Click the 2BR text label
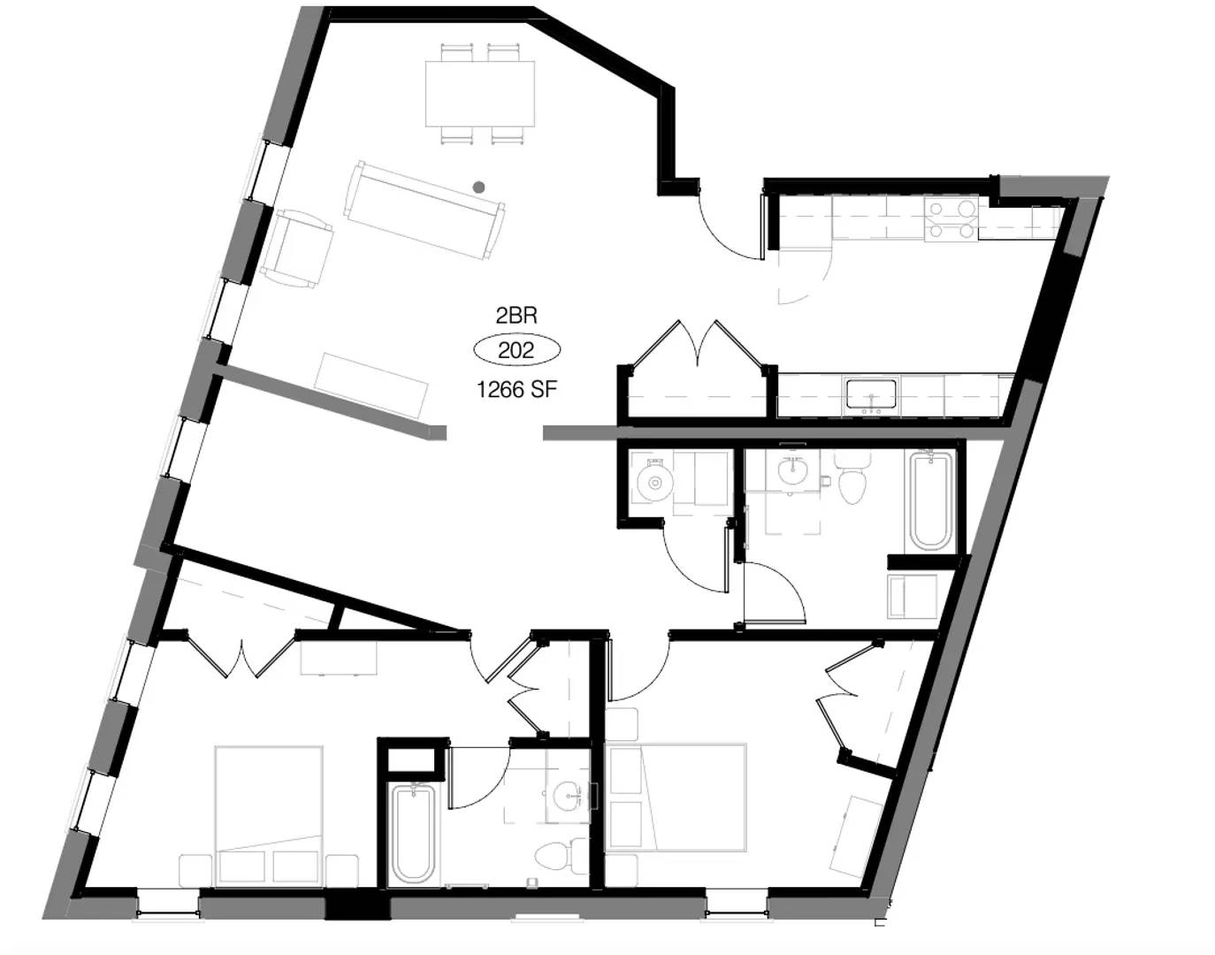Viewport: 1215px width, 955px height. point(516,316)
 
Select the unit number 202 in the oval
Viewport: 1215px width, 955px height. point(516,350)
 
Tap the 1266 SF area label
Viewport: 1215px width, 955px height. point(516,389)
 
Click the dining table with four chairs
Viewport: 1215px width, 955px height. point(480,93)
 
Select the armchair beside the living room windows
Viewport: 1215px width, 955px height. point(299,248)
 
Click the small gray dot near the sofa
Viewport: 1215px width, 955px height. point(478,187)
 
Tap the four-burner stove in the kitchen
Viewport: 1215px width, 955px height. point(951,218)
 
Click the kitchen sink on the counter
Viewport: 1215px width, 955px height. point(871,393)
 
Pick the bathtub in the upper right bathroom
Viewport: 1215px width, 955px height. point(930,500)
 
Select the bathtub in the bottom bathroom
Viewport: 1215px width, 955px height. point(412,833)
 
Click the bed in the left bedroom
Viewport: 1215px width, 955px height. point(269,814)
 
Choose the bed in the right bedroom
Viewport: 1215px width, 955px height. point(677,796)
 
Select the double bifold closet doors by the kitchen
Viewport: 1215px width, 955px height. point(699,345)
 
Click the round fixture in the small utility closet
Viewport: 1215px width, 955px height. point(655,483)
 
